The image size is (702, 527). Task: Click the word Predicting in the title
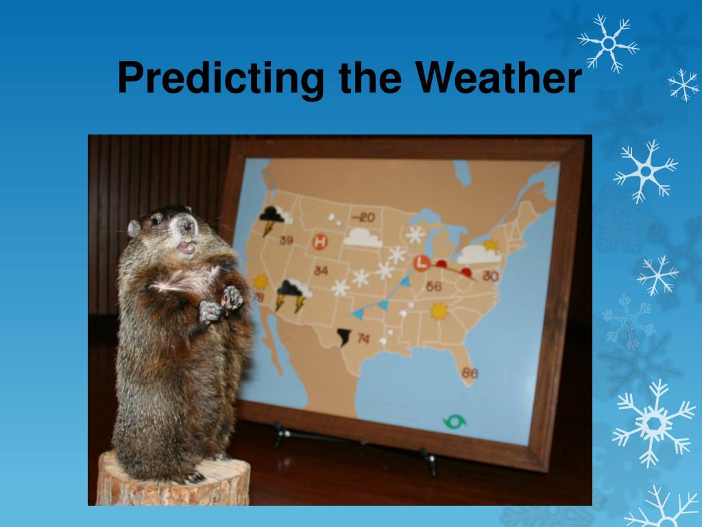(x=220, y=78)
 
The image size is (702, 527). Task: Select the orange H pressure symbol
(x=320, y=242)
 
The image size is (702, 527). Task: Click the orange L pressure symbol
(x=422, y=263)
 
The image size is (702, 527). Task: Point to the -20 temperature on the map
(x=363, y=218)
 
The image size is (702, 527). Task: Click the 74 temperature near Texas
(x=363, y=338)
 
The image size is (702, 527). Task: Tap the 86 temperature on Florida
(x=470, y=373)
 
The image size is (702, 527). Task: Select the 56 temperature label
(x=434, y=286)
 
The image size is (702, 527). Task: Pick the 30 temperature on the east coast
(x=491, y=276)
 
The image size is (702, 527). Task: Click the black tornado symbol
(x=344, y=337)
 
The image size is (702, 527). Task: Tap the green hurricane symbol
(x=455, y=421)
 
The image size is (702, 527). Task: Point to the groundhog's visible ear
(x=134, y=229)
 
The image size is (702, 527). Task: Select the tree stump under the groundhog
(x=173, y=480)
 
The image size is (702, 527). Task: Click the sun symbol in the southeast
(x=439, y=311)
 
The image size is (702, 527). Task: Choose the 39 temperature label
(x=286, y=241)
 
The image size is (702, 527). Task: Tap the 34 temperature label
(x=321, y=270)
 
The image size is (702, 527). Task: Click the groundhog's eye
(x=156, y=220)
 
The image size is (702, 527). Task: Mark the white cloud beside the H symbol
(x=362, y=238)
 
